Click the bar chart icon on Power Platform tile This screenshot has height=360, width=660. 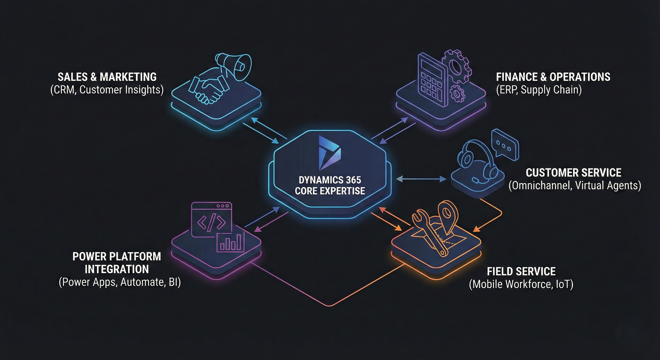[231, 242]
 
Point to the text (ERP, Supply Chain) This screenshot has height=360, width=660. [539, 90]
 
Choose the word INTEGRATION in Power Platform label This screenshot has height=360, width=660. [116, 269]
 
